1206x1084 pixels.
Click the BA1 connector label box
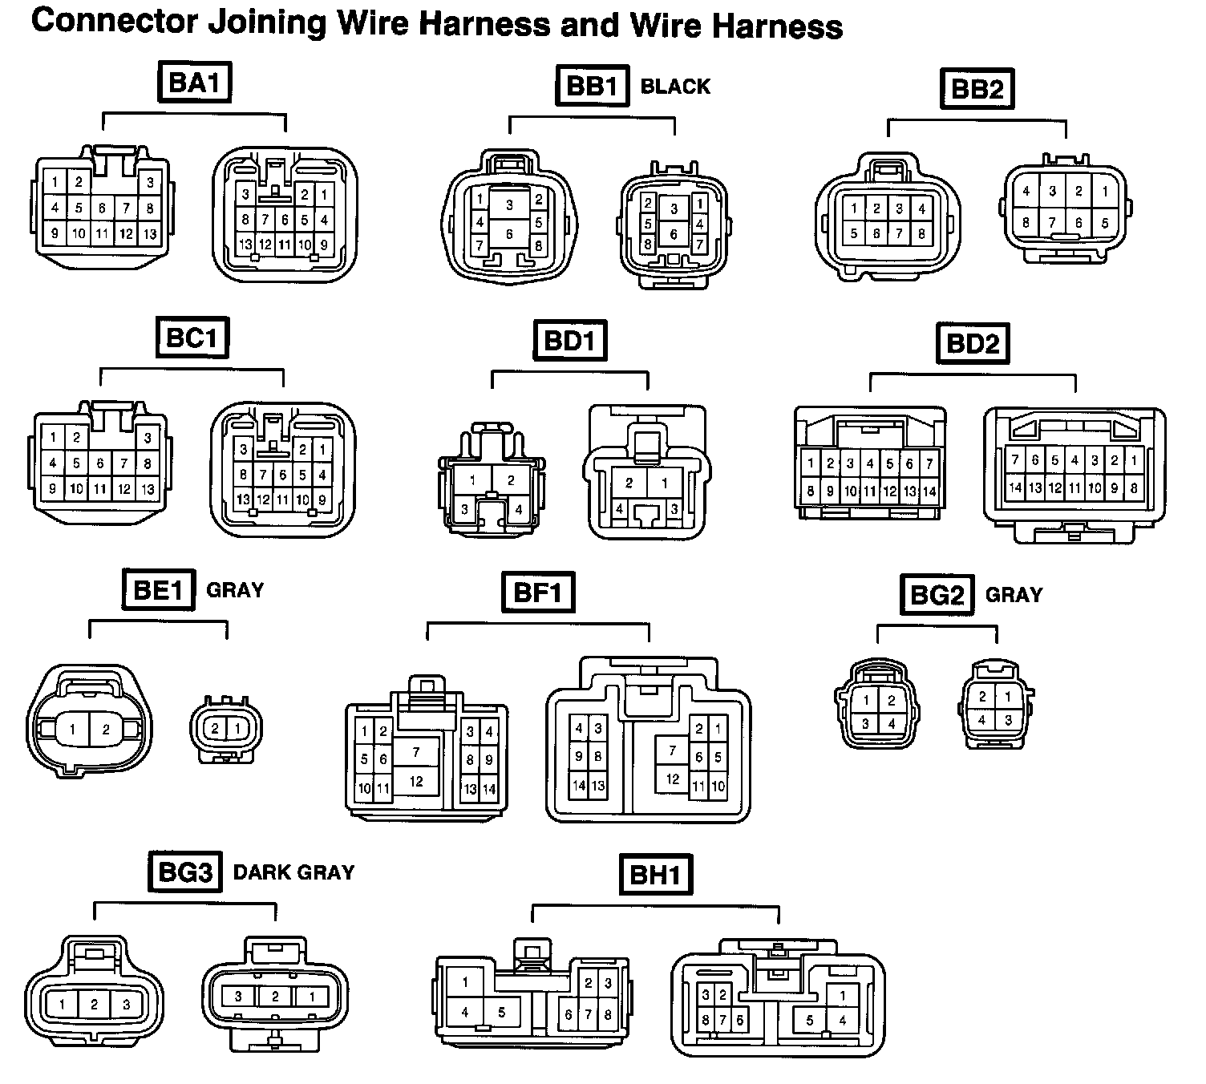195,83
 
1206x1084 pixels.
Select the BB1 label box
592,86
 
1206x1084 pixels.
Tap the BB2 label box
976,89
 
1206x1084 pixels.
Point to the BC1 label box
192,338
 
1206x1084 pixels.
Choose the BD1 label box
570,341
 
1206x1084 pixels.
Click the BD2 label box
973,344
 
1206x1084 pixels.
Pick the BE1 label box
159,590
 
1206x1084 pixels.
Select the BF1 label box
538,593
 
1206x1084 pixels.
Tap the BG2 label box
937,595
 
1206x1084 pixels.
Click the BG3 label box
184,872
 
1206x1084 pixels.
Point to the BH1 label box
656,875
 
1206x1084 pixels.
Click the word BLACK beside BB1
675,87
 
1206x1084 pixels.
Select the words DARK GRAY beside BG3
293,872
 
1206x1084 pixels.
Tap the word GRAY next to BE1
235,590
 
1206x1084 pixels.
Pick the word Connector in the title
114,22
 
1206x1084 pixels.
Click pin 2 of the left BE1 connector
106,730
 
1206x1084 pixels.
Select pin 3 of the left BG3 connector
125,1004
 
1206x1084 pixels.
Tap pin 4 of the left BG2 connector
892,724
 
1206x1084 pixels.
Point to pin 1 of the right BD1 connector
665,483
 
